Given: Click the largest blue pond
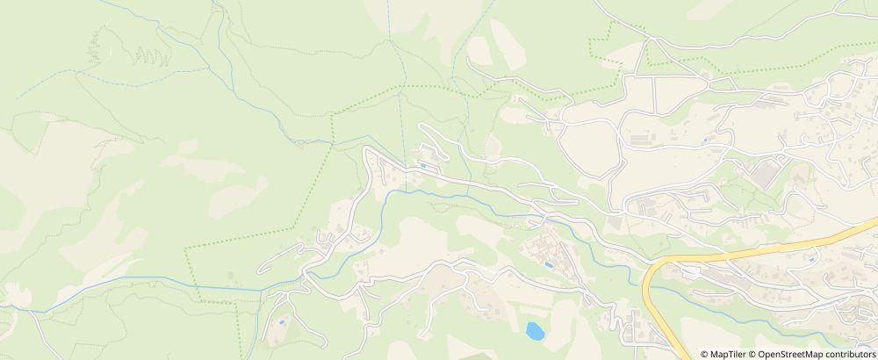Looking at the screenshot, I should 533,331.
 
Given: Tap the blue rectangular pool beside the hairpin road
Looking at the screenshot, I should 426,165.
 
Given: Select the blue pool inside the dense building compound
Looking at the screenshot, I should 549,263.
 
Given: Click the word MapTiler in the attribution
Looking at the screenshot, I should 728,354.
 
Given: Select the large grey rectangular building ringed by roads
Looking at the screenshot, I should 764,171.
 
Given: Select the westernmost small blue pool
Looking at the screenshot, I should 280,322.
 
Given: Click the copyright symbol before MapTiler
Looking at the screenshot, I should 705,354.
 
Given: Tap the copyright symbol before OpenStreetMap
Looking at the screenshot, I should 753,354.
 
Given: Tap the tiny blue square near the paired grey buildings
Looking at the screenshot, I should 705,140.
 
